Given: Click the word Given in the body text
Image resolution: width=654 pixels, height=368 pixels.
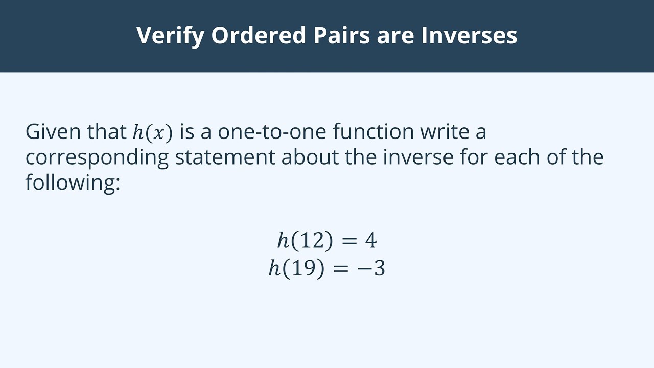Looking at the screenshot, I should (x=53, y=132).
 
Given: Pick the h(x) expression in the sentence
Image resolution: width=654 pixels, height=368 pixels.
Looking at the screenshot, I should (x=153, y=132).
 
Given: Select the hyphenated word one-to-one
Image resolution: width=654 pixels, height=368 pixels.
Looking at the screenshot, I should (x=272, y=132).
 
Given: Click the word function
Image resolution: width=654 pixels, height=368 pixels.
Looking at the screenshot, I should (x=373, y=132).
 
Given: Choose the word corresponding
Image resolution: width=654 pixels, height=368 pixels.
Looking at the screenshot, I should (x=97, y=157).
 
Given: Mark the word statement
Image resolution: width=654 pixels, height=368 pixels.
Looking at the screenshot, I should (x=225, y=157).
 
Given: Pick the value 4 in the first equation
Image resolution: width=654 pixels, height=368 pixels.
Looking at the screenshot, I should (x=370, y=240).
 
